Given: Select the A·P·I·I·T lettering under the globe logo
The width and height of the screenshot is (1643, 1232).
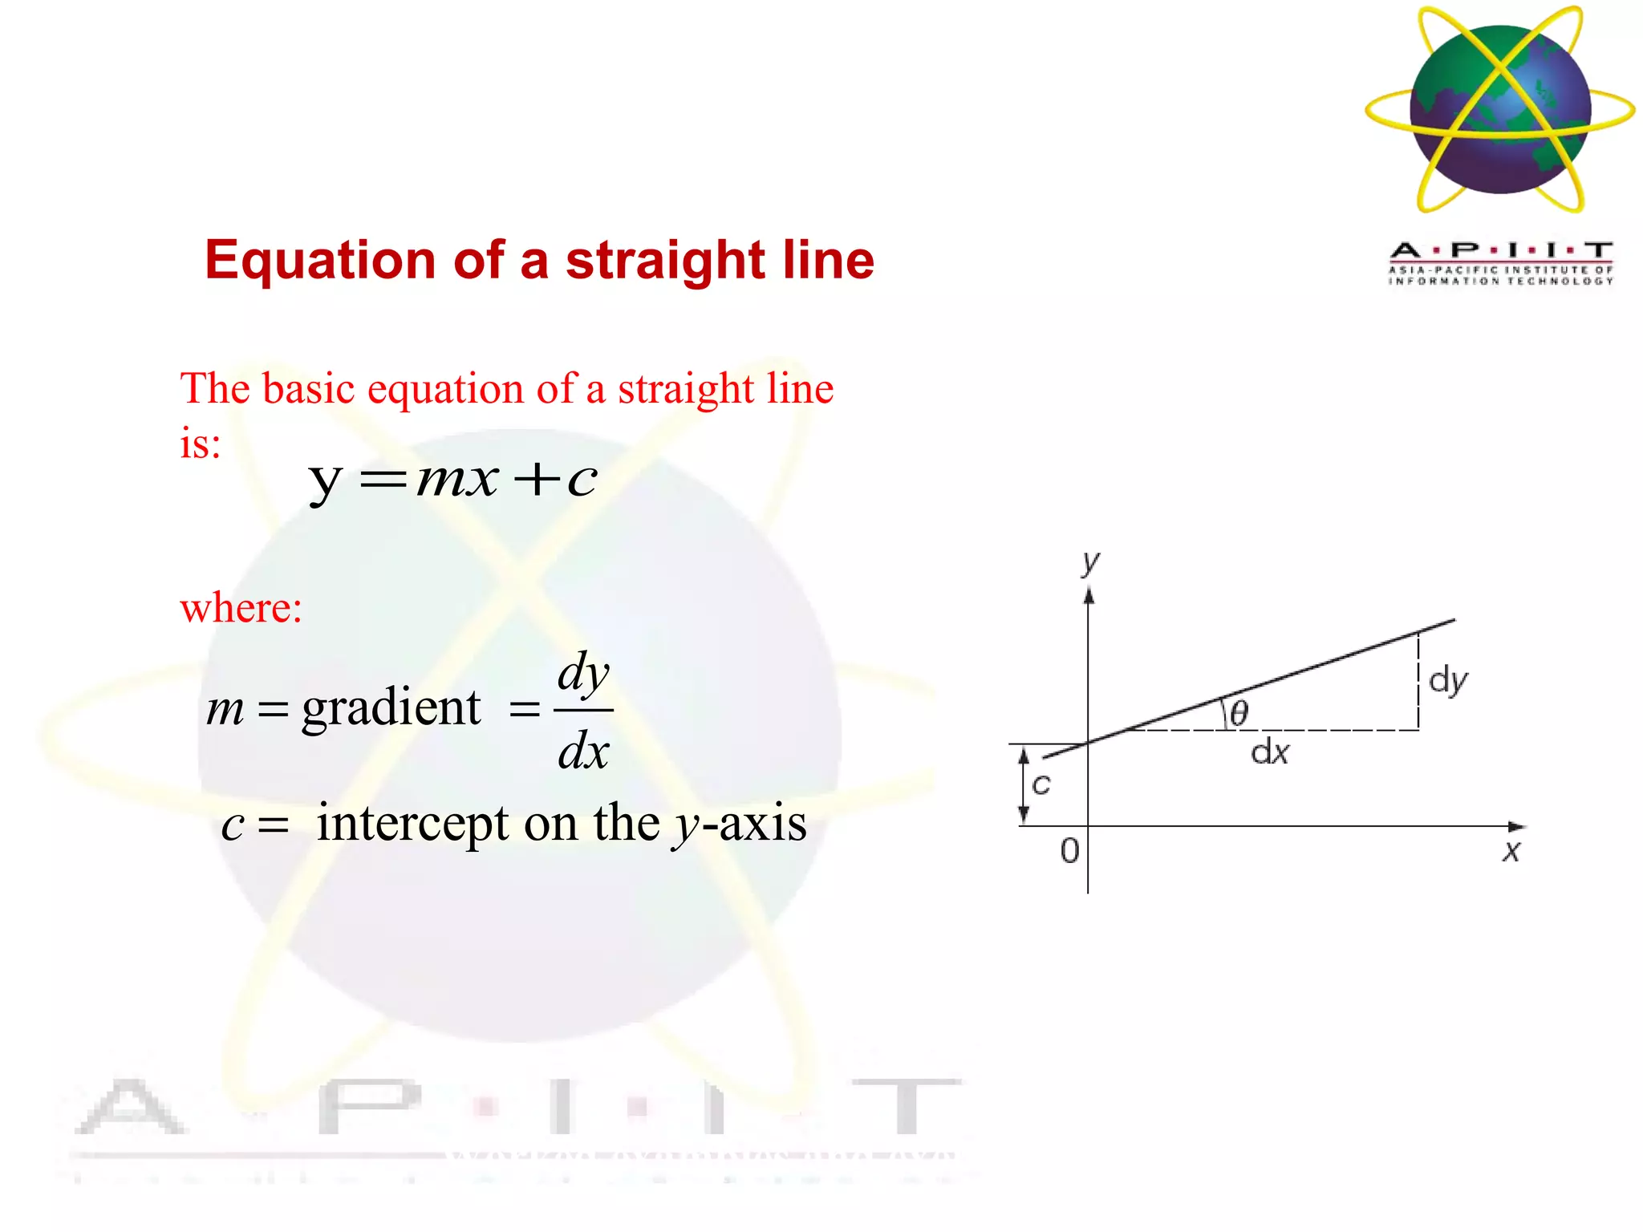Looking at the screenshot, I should (x=1500, y=250).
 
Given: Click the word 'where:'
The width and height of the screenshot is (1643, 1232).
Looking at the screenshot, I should (x=241, y=608).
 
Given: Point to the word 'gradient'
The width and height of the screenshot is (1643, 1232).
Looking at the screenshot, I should (x=391, y=707).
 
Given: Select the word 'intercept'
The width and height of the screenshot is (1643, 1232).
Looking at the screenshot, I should (x=412, y=823).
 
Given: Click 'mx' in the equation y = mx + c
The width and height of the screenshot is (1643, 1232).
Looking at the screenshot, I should (x=457, y=480).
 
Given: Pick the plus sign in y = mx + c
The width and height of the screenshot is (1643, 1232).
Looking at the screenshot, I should (x=537, y=480).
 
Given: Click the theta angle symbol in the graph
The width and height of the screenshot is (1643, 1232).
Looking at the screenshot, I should (x=1239, y=713).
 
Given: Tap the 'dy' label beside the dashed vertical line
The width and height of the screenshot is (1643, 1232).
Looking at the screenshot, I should (x=1448, y=681).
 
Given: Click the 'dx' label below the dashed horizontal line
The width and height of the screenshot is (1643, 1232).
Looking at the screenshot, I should (x=1270, y=752).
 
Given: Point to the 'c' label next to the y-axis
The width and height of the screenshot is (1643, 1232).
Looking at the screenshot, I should (x=1041, y=784).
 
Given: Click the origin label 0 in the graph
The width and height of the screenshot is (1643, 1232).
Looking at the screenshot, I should (x=1069, y=851).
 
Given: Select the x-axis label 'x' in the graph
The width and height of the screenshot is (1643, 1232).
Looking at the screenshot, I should (x=1511, y=851).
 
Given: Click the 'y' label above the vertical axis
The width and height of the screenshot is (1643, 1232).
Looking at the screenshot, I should (x=1089, y=562).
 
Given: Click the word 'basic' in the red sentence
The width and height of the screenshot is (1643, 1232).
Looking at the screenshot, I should (x=308, y=389).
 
